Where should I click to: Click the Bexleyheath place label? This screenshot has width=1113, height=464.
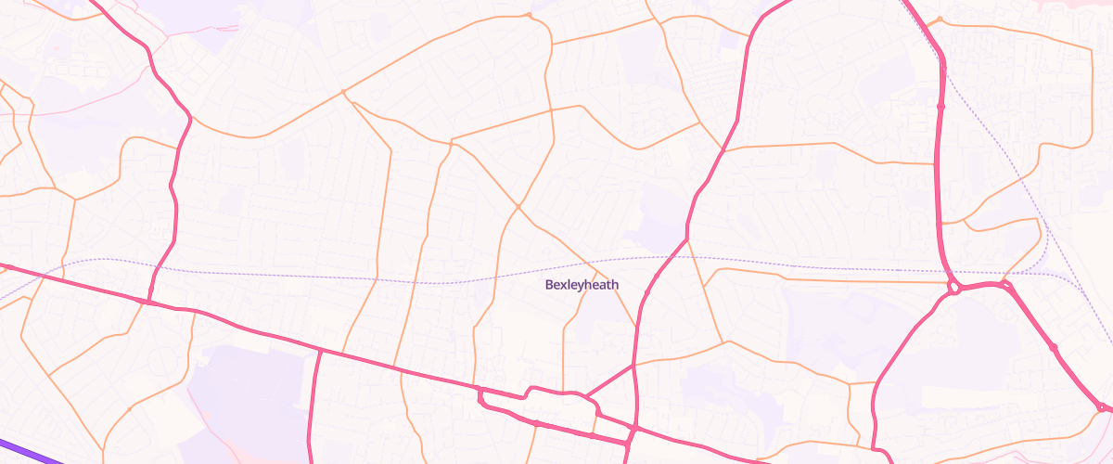(x=582, y=285)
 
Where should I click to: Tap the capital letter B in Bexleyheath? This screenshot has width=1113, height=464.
(x=549, y=285)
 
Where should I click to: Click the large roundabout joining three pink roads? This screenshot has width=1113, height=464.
(x=953, y=288)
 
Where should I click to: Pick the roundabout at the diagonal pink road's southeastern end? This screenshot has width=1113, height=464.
(x=1101, y=407)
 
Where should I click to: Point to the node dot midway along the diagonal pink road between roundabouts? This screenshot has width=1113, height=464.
(x=1054, y=348)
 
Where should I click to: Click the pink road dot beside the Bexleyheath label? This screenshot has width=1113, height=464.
(x=646, y=292)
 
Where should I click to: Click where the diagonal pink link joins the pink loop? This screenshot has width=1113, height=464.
(x=586, y=399)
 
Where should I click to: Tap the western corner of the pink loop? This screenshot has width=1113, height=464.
(x=480, y=394)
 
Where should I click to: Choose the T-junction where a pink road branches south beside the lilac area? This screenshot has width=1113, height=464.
(x=319, y=351)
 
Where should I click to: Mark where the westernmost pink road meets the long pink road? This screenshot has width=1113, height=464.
(x=148, y=301)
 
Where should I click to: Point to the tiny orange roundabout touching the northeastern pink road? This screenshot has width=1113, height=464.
(x=940, y=19)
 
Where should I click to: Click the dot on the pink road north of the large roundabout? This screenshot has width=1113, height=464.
(x=940, y=107)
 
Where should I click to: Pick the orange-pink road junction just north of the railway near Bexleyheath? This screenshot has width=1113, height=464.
(x=687, y=239)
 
